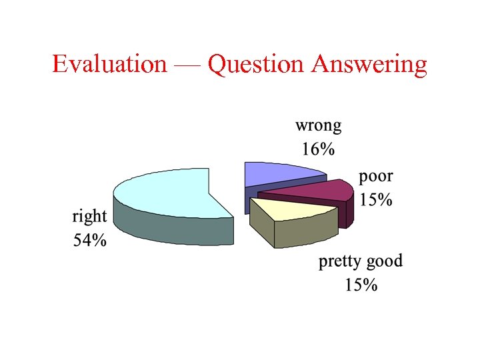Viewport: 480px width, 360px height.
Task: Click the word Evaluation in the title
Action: [109, 65]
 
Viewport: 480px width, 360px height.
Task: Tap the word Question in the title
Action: [256, 65]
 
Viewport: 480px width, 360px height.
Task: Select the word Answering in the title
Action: [369, 65]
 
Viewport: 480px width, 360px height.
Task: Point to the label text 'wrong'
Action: [318, 125]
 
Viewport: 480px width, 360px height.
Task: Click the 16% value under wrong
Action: [318, 148]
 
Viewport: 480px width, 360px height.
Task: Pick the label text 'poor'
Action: [376, 177]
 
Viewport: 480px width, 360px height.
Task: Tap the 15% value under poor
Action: [376, 199]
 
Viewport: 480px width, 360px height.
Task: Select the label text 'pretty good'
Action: [361, 261]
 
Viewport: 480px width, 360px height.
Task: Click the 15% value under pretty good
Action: [361, 285]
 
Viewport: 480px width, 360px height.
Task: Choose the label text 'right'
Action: [89, 216]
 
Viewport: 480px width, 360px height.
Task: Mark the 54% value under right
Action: [89, 239]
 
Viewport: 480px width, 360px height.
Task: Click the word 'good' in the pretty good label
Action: [386, 261]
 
